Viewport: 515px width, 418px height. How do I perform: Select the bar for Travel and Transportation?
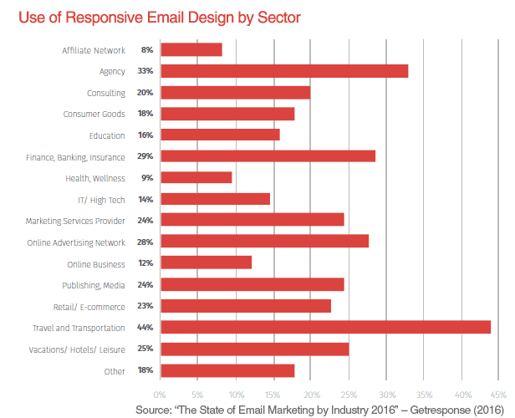(x=325, y=328)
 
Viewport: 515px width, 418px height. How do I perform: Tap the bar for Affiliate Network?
(x=191, y=50)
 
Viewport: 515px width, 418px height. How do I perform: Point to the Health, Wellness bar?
(x=196, y=178)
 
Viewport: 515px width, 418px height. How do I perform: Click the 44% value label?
(x=146, y=328)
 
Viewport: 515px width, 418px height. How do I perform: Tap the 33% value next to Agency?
(x=146, y=71)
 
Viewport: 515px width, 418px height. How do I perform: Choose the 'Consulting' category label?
(x=106, y=93)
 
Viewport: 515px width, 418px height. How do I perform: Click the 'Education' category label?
(x=107, y=135)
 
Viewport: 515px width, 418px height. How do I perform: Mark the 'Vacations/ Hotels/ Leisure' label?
(x=80, y=349)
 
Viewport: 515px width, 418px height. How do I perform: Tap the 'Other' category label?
(x=115, y=370)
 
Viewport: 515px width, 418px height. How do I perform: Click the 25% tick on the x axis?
(x=349, y=393)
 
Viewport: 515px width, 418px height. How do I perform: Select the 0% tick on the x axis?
(x=160, y=393)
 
